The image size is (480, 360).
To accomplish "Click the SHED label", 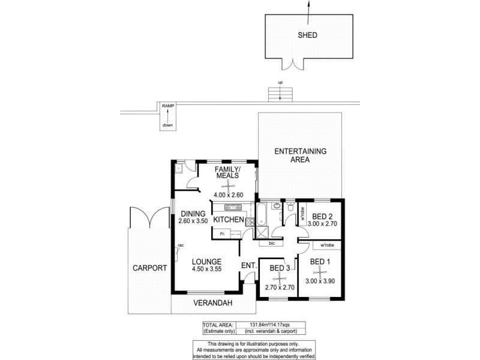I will point(307,35).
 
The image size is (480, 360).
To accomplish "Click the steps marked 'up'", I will point(280,93).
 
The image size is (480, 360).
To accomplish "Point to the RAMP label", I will point(168,106).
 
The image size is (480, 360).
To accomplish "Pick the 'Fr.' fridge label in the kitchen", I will point(222,234).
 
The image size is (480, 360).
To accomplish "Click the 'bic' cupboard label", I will point(271,244).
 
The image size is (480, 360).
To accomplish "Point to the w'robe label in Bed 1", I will point(327,245).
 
